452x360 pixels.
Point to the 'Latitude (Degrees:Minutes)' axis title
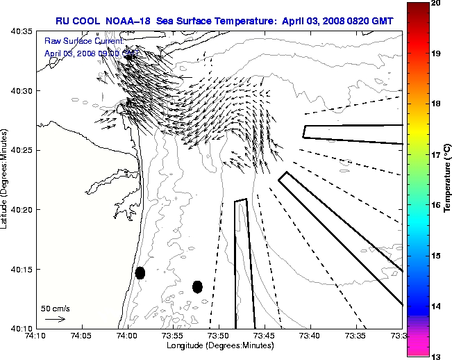click(6, 179)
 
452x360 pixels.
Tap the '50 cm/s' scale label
click(56, 308)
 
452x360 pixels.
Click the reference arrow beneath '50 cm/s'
click(55, 319)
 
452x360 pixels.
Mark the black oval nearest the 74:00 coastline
click(140, 272)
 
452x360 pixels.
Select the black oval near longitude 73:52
click(198, 286)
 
